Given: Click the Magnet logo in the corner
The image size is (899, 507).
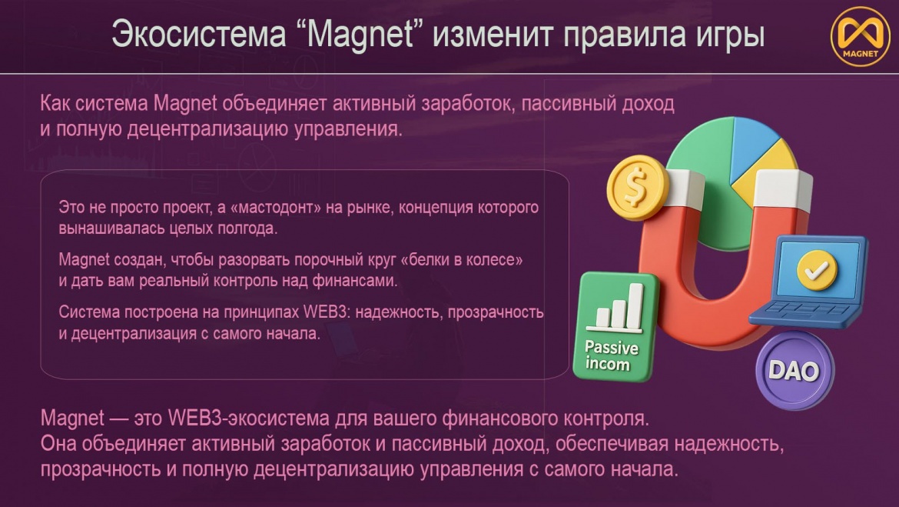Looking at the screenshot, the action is [860, 36].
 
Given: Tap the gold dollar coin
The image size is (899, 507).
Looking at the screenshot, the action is [638, 187].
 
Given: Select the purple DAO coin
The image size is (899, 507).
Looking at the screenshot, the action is [795, 371].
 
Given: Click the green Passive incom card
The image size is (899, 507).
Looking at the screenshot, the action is [615, 327].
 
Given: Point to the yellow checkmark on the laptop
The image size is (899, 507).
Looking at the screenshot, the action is [817, 269].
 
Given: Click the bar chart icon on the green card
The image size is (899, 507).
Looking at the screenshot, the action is [618, 309].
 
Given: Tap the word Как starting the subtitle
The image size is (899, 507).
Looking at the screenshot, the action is [55, 104].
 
